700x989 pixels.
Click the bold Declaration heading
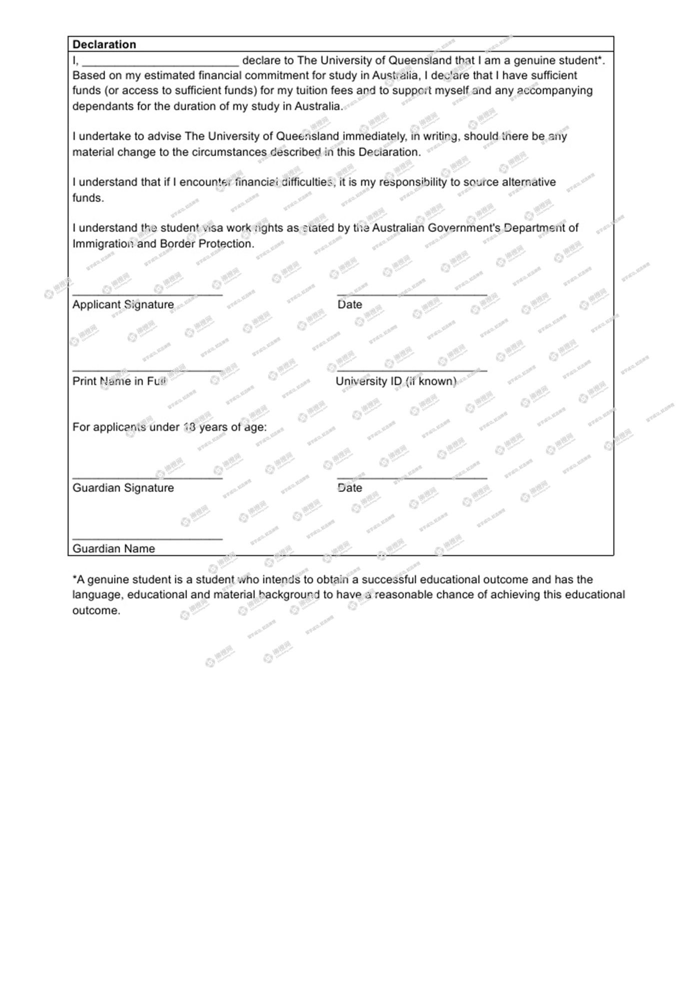(104, 44)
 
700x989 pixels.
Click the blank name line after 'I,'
(160, 64)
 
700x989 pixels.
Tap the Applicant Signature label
(123, 304)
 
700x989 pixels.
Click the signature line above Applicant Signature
(147, 294)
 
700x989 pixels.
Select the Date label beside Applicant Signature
(349, 304)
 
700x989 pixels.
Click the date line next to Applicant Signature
(412, 294)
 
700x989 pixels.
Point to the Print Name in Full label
(119, 381)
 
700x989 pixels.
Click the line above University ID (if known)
(412, 371)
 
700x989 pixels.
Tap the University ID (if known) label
(396, 381)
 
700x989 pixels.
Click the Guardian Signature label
(123, 488)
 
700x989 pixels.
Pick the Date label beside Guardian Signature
(349, 488)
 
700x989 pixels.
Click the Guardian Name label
(113, 548)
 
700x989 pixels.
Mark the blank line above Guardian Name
(147, 539)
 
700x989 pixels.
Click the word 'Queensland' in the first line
(420, 60)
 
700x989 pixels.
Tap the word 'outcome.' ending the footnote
(96, 610)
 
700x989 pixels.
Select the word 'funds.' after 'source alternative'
(88, 198)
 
